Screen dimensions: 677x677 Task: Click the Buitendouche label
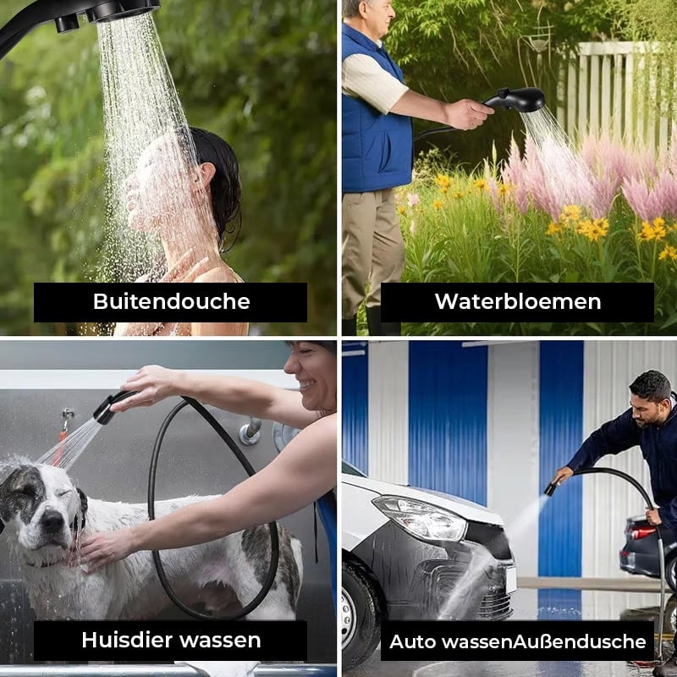coord(171,301)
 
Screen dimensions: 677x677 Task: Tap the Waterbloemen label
coord(517,301)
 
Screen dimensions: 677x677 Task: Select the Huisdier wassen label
coord(171,640)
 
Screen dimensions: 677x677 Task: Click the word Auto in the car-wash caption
coord(414,641)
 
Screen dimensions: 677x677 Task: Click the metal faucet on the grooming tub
coord(250,432)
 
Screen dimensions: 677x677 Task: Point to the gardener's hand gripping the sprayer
coord(468,113)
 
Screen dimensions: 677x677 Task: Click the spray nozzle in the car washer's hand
coord(552,487)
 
